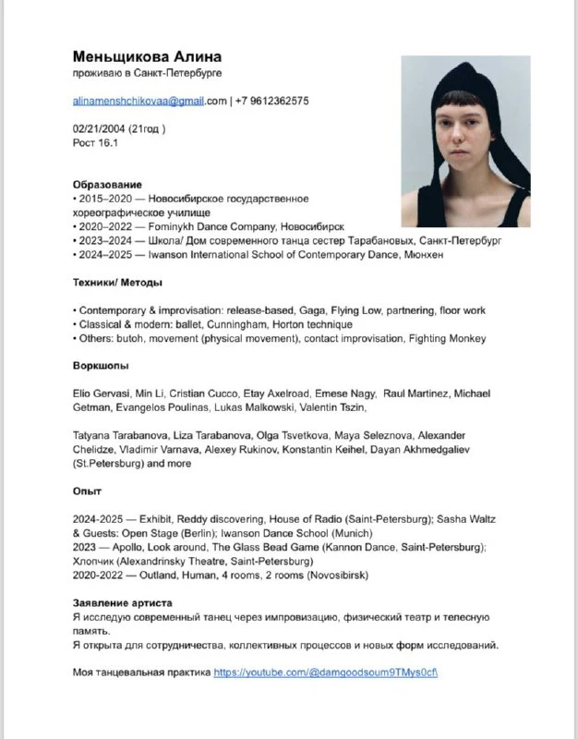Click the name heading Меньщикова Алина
pyautogui.click(x=147, y=56)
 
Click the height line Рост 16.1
pyautogui.click(x=95, y=143)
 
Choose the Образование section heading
pyautogui.click(x=107, y=185)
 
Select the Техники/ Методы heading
pyautogui.click(x=117, y=283)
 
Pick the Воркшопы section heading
pyautogui.click(x=101, y=366)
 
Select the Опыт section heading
pyautogui.click(x=87, y=491)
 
